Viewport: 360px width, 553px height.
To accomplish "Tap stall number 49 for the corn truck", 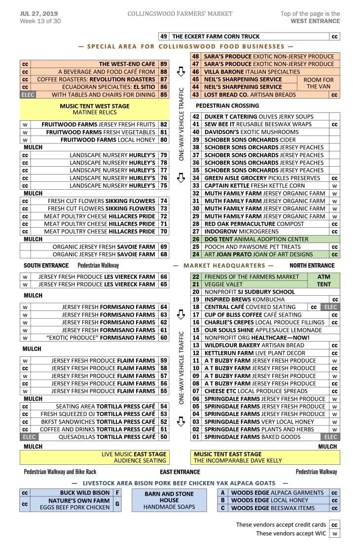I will tap(164, 36).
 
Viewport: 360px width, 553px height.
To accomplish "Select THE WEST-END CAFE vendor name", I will tap(127, 64).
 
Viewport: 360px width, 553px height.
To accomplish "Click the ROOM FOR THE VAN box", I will tap(319, 83).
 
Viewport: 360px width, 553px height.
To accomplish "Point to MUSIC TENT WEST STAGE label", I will tap(94, 106).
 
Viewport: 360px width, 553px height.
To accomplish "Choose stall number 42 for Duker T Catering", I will tap(196, 117).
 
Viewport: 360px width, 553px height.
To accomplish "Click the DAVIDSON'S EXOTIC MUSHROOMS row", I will tap(251, 132).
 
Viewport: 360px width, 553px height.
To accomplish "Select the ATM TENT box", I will tap(324, 280).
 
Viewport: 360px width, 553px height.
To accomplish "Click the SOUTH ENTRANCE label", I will tap(46, 266).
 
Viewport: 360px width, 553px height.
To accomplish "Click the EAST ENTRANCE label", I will tap(180, 472).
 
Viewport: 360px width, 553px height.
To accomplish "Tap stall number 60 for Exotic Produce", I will tap(164, 338).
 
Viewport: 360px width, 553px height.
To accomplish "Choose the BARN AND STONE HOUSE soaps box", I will tap(169, 500).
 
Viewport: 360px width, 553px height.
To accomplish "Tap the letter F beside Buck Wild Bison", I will tap(117, 492).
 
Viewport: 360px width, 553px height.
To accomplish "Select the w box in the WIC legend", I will tap(334, 534).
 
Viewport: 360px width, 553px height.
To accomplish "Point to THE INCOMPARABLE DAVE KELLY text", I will tap(238, 461).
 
